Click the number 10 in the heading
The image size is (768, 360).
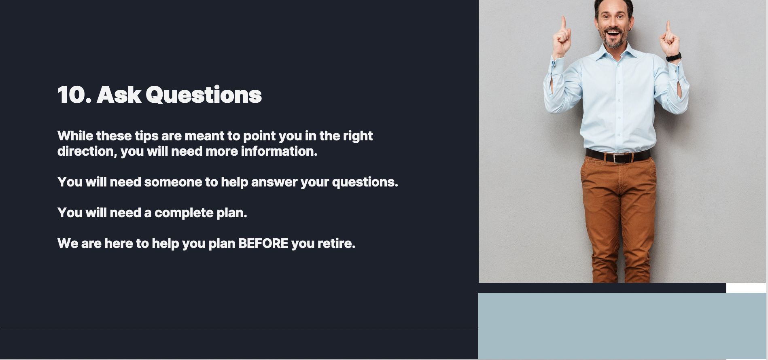tap(71, 95)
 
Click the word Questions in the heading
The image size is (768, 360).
tap(204, 95)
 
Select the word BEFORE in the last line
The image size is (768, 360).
tap(263, 244)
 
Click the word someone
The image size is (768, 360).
tap(173, 182)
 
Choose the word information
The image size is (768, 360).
tap(279, 151)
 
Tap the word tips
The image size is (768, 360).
tap(146, 136)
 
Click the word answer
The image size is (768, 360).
tap(274, 182)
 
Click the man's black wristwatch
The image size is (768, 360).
tap(674, 57)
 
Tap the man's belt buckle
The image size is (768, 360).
tap(617, 158)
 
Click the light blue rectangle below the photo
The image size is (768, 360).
tap(622, 326)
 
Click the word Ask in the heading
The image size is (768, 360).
tap(119, 95)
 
